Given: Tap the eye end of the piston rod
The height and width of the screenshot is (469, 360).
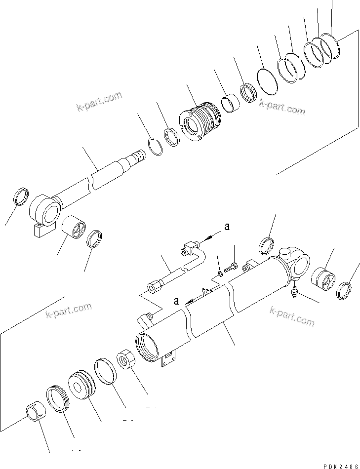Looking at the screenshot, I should [x=46, y=211].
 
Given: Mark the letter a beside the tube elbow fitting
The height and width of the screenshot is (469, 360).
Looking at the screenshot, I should [x=227, y=227].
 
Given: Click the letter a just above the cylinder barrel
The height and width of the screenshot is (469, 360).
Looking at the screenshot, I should [x=176, y=301].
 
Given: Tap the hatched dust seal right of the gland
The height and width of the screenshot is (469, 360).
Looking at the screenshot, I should [x=247, y=94].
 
